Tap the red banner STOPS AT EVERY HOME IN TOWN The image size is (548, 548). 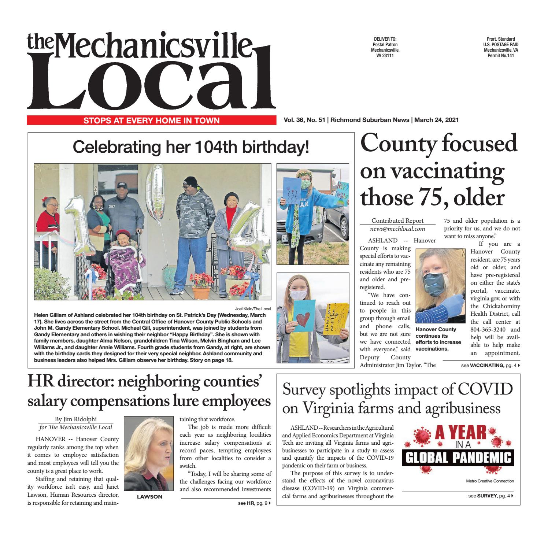152,120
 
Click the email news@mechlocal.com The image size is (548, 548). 397,229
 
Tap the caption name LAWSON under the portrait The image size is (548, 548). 149,497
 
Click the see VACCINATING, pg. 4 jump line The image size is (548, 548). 490,366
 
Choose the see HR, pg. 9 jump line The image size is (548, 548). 254,503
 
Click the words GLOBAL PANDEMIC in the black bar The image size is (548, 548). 457,458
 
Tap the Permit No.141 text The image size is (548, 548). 501,55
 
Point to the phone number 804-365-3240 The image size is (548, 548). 488,329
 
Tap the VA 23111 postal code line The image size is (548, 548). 385,55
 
